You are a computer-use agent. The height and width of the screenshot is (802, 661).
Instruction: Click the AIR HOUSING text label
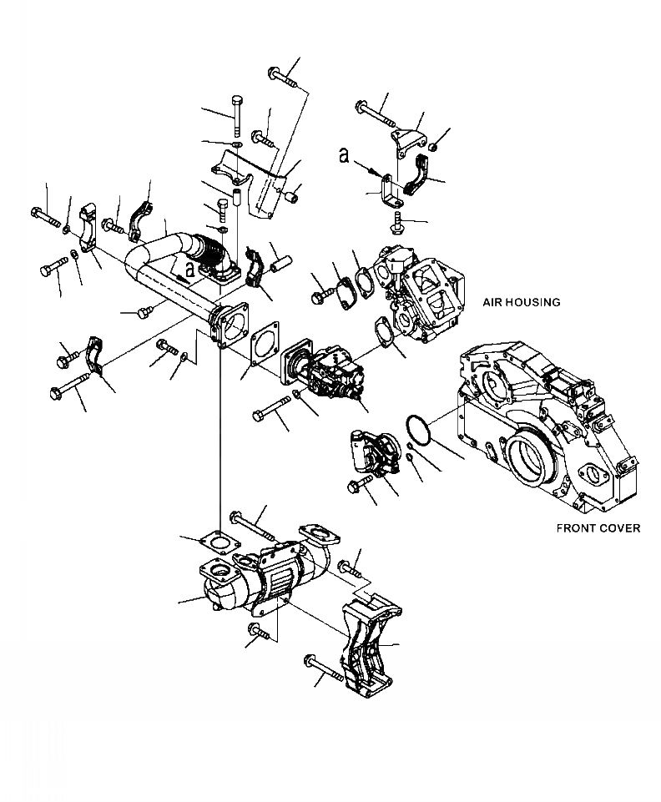pos(520,302)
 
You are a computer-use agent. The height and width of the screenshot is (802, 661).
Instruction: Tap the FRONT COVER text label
pos(598,528)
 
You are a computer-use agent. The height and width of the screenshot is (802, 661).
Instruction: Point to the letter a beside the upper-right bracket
pos(345,154)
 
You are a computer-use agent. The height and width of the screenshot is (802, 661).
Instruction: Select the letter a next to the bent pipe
pos(191,270)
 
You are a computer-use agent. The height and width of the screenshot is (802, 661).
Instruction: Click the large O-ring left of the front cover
pos(417,429)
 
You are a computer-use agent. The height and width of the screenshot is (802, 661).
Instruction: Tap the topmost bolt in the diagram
pos(285,78)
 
